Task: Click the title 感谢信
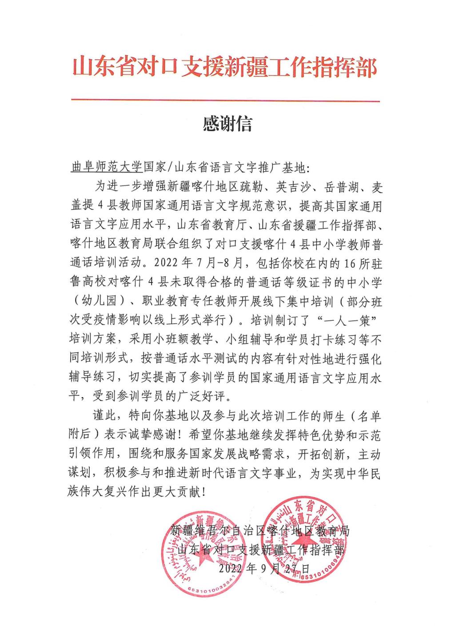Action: pyautogui.click(x=227, y=124)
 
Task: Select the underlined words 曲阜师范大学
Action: pyautogui.click(x=107, y=168)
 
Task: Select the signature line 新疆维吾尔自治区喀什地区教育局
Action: pyautogui.click(x=260, y=530)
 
